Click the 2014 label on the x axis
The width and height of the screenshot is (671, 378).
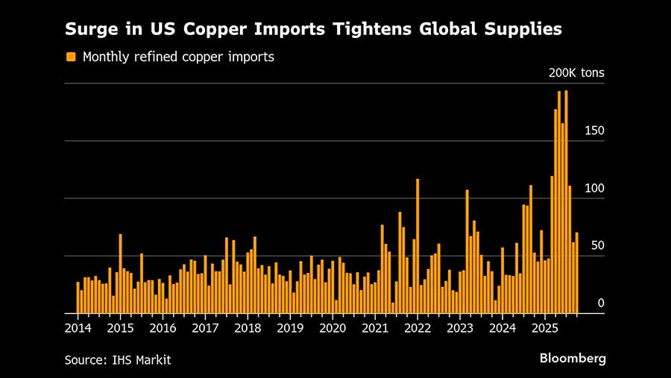[78, 327]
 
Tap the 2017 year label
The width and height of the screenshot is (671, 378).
[206, 327]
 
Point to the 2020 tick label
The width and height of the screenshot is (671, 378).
[333, 327]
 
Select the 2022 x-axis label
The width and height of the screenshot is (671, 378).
[418, 327]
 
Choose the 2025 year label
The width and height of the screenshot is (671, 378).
[545, 327]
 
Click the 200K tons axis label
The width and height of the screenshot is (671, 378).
[576, 73]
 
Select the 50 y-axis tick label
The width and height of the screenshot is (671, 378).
[596, 246]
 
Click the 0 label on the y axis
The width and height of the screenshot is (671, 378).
[600, 303]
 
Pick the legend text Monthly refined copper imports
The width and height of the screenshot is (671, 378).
[178, 57]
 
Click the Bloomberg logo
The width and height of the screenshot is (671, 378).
[573, 359]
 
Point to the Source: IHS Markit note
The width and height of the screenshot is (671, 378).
[118, 360]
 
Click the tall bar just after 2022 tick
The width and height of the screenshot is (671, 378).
[418, 246]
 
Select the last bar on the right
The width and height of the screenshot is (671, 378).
[576, 273]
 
